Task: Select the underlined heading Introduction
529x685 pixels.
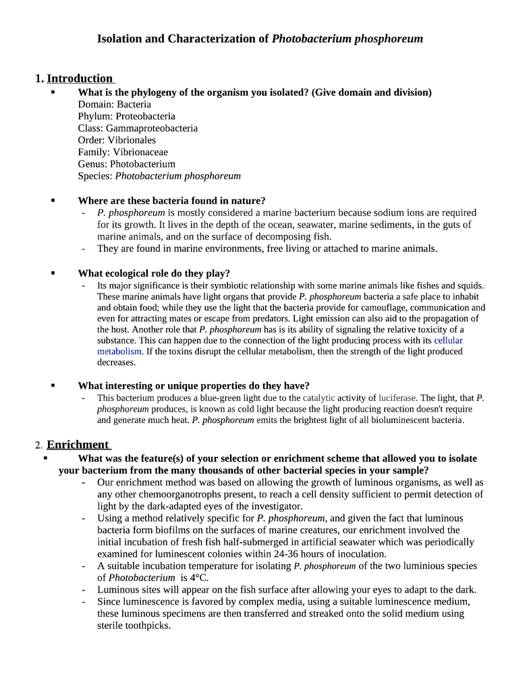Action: [x=80, y=78]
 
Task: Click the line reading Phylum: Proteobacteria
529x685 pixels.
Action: [x=126, y=116]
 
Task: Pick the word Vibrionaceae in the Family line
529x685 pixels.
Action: [x=140, y=152]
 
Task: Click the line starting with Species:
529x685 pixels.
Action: [x=159, y=175]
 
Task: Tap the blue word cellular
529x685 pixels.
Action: [x=448, y=340]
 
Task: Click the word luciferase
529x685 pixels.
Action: [x=398, y=398]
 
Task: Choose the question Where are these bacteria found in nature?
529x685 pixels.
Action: [x=171, y=200]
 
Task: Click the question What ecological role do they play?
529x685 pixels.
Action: [x=154, y=273]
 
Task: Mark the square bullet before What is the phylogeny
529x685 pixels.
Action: [x=53, y=92]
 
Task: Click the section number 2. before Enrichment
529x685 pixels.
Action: [x=39, y=445]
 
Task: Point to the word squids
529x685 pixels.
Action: [x=470, y=285]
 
